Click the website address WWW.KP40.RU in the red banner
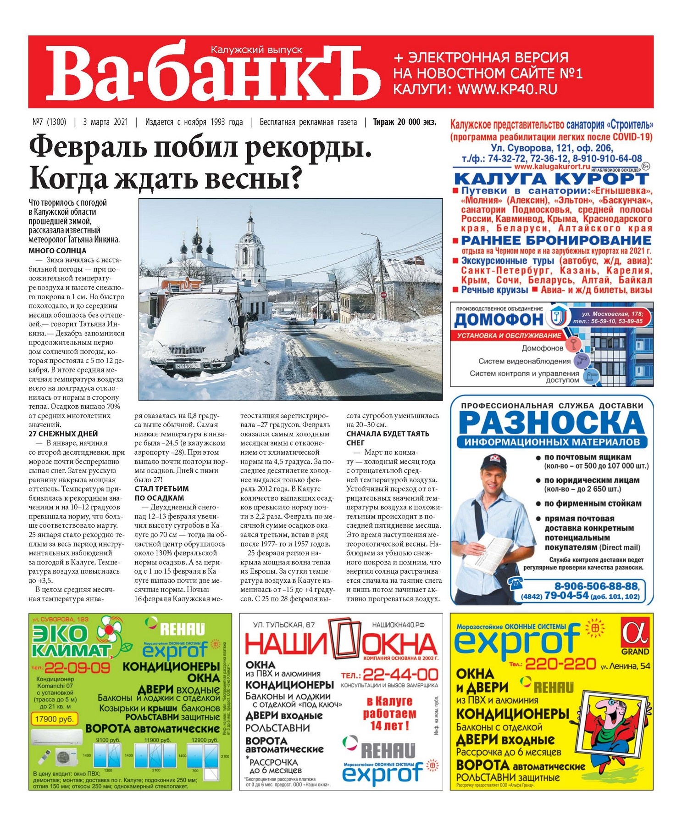click(x=507, y=89)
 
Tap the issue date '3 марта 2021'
click(x=105, y=122)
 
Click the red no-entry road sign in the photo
click(x=383, y=294)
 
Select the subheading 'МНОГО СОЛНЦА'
click(x=57, y=251)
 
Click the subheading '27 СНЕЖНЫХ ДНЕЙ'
click(x=63, y=434)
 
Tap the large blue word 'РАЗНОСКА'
click(x=551, y=423)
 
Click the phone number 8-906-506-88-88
click(x=596, y=586)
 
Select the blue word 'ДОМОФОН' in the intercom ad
click(x=498, y=319)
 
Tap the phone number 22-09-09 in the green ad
click(x=77, y=668)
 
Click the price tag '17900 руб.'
click(x=54, y=719)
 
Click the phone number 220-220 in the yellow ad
click(x=560, y=664)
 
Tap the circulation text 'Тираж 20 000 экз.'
click(x=405, y=122)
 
